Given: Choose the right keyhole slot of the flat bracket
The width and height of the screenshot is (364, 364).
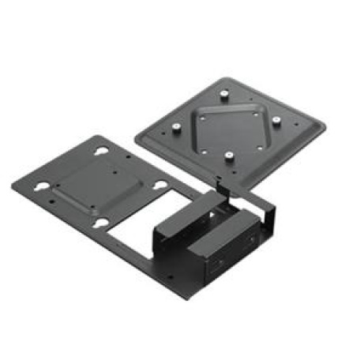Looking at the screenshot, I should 160,186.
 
